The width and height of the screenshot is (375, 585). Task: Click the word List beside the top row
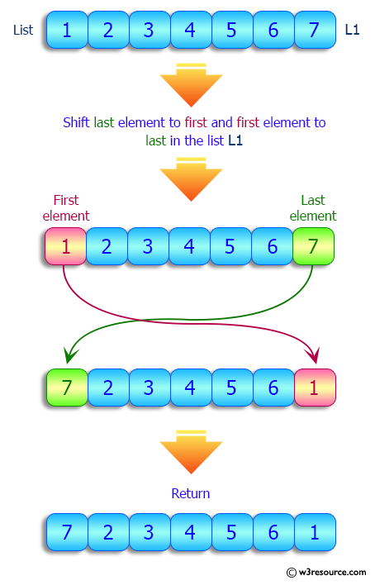click(23, 30)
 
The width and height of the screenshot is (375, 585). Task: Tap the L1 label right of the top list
click(353, 30)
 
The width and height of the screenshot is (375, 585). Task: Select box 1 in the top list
click(67, 30)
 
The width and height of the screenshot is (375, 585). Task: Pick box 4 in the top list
click(190, 30)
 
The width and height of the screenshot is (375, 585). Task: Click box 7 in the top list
click(314, 30)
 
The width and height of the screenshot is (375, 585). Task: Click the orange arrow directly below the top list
click(191, 83)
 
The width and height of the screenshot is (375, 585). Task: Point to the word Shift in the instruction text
click(77, 122)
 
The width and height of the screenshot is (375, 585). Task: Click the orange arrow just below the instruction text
click(191, 178)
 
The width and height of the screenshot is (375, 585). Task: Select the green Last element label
click(313, 207)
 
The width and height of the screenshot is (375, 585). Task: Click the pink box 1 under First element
click(65, 246)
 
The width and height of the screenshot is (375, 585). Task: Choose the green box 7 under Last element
click(313, 246)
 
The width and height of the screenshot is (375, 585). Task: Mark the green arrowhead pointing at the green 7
click(67, 356)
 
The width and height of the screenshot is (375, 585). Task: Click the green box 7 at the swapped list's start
click(67, 386)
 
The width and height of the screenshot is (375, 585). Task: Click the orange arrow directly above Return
click(191, 450)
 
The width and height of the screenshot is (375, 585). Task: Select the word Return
click(191, 493)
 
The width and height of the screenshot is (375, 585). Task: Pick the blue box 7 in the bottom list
click(67, 532)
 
